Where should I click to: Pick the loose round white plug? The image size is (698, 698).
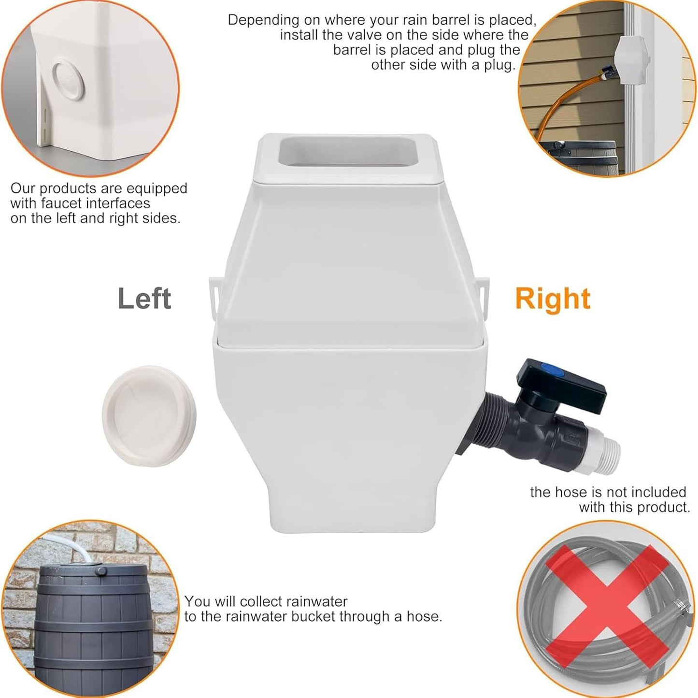[x=148, y=416]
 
